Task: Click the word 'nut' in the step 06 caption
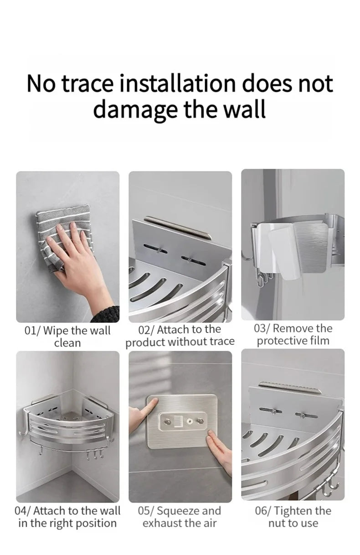[277, 523]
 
